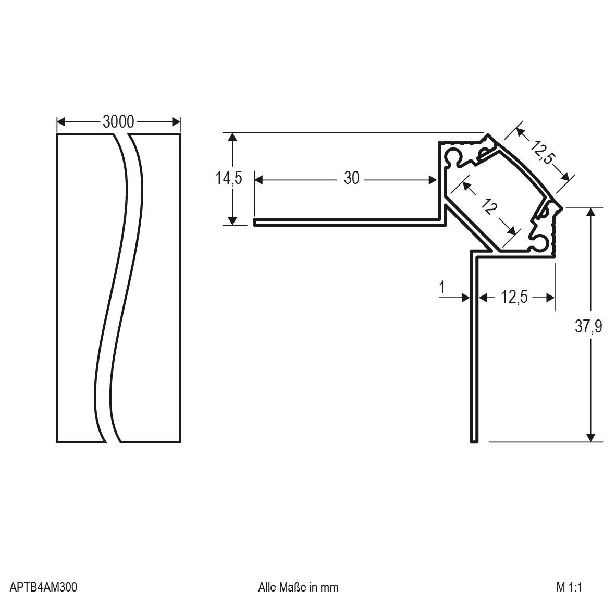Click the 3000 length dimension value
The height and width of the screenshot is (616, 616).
click(x=118, y=122)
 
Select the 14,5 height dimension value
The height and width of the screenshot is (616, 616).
click(x=229, y=178)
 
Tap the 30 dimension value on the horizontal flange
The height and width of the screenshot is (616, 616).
click(x=352, y=178)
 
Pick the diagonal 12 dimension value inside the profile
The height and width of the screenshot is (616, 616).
click(x=489, y=208)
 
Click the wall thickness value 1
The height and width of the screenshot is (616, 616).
click(x=442, y=287)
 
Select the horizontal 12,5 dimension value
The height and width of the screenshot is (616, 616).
click(x=514, y=297)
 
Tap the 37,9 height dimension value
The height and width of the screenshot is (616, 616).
click(x=588, y=327)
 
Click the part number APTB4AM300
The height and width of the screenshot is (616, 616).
click(x=44, y=587)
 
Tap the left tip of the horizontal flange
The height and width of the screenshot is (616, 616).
click(x=255, y=223)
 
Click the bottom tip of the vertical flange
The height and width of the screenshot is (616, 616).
click(x=474, y=441)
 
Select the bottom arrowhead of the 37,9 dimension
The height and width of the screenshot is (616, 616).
click(x=590, y=438)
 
